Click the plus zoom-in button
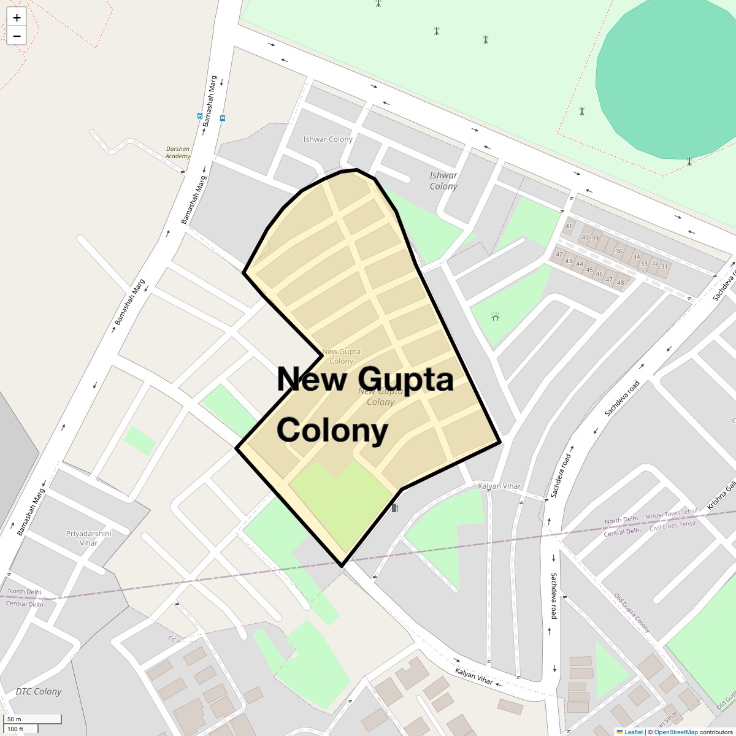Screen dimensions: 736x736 (x=17, y=18)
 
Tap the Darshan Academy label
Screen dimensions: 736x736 (x=178, y=152)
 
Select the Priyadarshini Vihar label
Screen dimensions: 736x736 (x=88, y=538)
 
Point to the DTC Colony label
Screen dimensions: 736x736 (x=39, y=691)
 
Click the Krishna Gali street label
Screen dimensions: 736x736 (x=721, y=495)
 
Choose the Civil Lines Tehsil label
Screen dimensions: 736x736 (x=672, y=526)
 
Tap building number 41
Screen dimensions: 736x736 (x=569, y=226)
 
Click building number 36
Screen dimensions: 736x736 (x=619, y=251)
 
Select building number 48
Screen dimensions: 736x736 (x=620, y=283)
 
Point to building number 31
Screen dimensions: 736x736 (x=664, y=267)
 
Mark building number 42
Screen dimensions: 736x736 (x=559, y=255)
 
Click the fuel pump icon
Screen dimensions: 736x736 (x=394, y=508)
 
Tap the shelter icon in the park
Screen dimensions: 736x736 (x=495, y=316)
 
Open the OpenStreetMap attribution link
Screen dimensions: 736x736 (x=675, y=732)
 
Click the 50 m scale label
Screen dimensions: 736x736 (x=14, y=719)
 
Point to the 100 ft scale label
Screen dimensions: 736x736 (x=15, y=729)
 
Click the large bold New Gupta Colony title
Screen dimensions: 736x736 (x=365, y=405)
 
